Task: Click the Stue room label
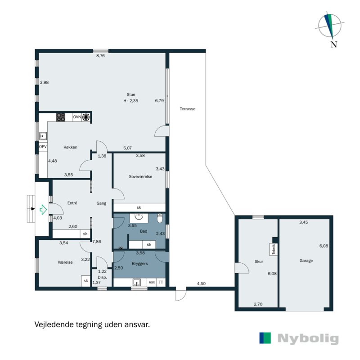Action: pos(131,94)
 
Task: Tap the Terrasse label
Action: pos(188,109)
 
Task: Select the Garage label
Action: pos(306,261)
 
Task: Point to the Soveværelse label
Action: pos(140,176)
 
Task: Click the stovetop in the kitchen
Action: pos(61,117)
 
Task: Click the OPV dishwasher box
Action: pos(43,147)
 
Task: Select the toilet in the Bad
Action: pos(160,218)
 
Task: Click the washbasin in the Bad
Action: pos(139,217)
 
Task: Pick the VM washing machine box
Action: pos(152,283)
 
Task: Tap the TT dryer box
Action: pos(161,283)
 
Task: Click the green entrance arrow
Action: pos(43,209)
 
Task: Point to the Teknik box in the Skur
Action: pos(274,249)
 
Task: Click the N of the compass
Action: pos(334,44)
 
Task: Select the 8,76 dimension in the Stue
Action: pos(100,55)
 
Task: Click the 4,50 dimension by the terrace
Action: pos(201,283)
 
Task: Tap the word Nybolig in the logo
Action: pos(308,339)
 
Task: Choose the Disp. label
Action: pos(102,277)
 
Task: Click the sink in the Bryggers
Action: pos(137,282)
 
